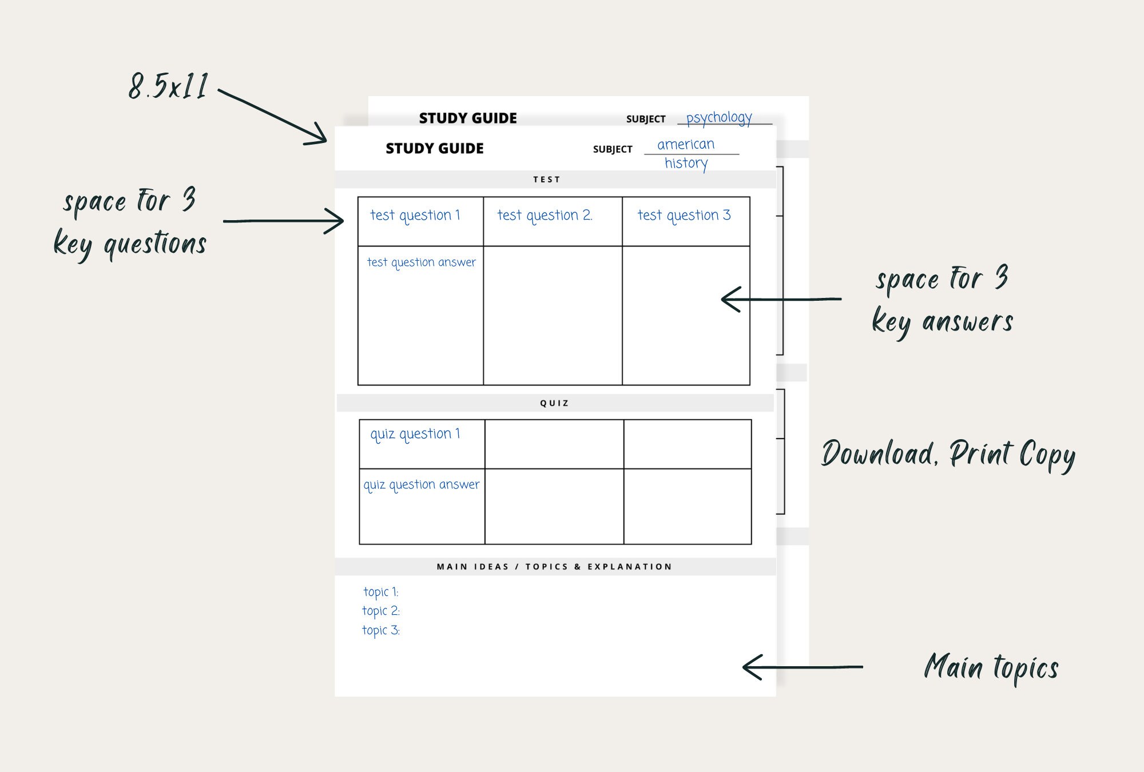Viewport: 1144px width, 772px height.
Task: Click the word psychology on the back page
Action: pyautogui.click(x=719, y=118)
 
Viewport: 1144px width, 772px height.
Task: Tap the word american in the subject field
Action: pyautogui.click(x=686, y=145)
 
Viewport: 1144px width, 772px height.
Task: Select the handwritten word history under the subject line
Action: pyautogui.click(x=686, y=164)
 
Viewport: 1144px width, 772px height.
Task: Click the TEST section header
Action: pyautogui.click(x=547, y=180)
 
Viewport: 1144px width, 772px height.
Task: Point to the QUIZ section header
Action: pyautogui.click(x=554, y=403)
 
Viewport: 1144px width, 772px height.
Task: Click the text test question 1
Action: pyautogui.click(x=415, y=216)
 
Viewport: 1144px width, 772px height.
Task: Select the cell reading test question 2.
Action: pyautogui.click(x=545, y=216)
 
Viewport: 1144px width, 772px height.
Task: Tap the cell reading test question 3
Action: pyautogui.click(x=684, y=216)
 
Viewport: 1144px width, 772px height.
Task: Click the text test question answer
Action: pyautogui.click(x=421, y=262)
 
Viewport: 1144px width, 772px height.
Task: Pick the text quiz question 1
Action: pyautogui.click(x=415, y=434)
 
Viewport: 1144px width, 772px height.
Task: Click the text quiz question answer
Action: pyautogui.click(x=422, y=485)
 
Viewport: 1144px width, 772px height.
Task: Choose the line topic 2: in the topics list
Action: pyautogui.click(x=381, y=611)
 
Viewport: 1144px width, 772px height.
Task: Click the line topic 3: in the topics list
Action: pyautogui.click(x=381, y=630)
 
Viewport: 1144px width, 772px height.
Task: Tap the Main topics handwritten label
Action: pyautogui.click(x=991, y=667)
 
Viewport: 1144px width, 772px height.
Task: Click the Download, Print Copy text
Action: pyautogui.click(x=948, y=455)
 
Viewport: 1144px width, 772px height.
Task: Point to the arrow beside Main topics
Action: pyautogui.click(x=802, y=667)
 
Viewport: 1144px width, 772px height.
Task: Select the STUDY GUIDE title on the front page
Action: pyautogui.click(x=435, y=149)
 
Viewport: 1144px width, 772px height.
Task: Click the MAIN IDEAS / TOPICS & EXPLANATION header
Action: pyautogui.click(x=554, y=567)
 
